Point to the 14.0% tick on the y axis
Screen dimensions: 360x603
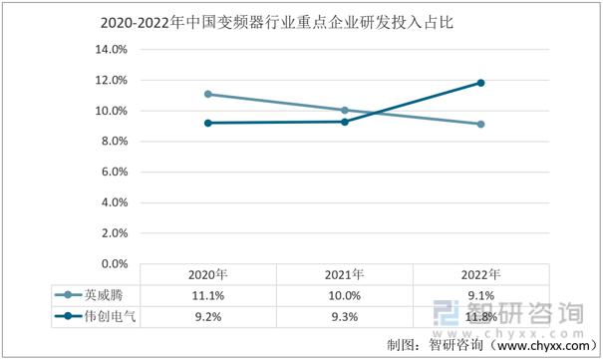click(111, 49)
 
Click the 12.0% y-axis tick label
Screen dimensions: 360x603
click(111, 80)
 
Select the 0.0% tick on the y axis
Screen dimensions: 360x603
click(114, 264)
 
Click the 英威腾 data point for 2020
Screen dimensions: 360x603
click(207, 94)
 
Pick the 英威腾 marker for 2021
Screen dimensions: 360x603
click(344, 110)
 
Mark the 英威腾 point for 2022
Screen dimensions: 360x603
click(480, 125)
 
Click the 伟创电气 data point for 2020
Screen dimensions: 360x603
click(207, 123)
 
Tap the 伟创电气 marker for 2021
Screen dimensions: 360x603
click(344, 122)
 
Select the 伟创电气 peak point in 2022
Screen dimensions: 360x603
click(480, 83)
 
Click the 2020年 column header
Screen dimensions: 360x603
click(207, 274)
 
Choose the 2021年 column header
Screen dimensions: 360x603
click(344, 274)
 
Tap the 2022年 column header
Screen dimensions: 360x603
click(480, 274)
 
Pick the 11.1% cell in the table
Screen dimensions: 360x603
click(207, 295)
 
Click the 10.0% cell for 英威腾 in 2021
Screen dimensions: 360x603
click(344, 295)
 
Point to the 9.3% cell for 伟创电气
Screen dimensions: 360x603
click(344, 316)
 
